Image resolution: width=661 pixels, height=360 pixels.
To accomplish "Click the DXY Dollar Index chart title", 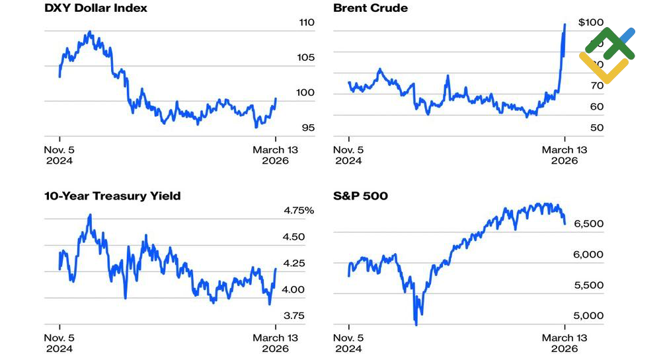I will (x=96, y=9).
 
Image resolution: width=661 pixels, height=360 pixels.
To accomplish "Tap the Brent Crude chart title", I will (x=370, y=9).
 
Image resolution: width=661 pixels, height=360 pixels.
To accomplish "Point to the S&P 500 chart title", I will (x=360, y=196).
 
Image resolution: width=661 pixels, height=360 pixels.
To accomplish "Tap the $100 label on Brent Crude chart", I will (x=590, y=22).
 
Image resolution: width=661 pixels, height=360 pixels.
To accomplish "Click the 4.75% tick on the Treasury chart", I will (x=299, y=211).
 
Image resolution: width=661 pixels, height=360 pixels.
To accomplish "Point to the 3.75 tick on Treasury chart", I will (x=294, y=316).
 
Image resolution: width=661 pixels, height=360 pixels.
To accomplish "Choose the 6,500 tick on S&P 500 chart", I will (x=588, y=224).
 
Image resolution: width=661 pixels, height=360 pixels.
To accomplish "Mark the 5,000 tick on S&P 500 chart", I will (x=588, y=316).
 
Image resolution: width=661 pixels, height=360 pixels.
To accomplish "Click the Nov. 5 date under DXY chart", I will (x=59, y=155).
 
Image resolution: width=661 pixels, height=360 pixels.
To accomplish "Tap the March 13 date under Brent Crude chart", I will (x=564, y=155).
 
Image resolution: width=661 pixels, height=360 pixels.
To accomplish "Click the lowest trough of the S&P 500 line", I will (x=416, y=324).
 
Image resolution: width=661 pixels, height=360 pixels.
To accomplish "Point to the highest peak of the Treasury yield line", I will (x=90, y=215).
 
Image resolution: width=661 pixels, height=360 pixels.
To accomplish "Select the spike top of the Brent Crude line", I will (x=564, y=24).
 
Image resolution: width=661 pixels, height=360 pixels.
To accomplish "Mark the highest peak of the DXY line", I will (x=90, y=32).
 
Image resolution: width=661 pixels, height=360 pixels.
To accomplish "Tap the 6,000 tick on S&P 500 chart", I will (x=588, y=255).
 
